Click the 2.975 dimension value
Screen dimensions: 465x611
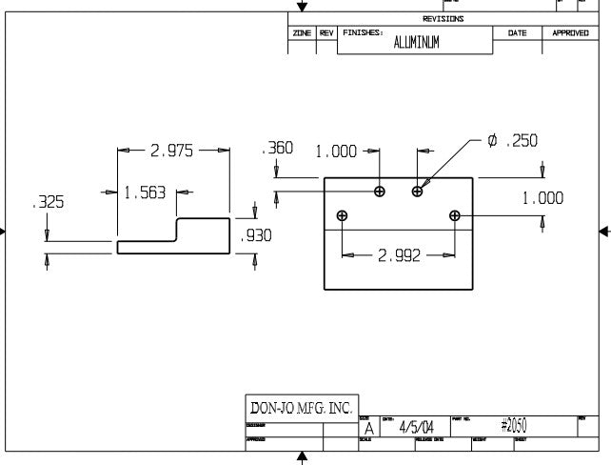[x=172, y=150]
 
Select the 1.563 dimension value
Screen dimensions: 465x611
[x=145, y=192]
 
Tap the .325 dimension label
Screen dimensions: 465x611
[x=47, y=203]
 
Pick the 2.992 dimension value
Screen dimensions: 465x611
[x=399, y=255]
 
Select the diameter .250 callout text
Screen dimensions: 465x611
[x=513, y=140]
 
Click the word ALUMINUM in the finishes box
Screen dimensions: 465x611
[x=417, y=43]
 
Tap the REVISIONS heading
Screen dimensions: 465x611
[x=443, y=19]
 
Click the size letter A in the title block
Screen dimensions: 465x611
[x=368, y=429]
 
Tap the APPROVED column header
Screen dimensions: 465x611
[x=571, y=32]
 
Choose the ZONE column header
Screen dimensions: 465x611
[x=303, y=32]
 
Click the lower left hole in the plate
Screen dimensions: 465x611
[x=343, y=215]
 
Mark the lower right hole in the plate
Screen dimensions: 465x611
[x=455, y=215]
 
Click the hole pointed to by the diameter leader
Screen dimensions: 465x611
[x=417, y=192]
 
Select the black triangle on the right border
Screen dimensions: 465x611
[x=604, y=232]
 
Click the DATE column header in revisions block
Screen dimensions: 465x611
[x=517, y=32]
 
